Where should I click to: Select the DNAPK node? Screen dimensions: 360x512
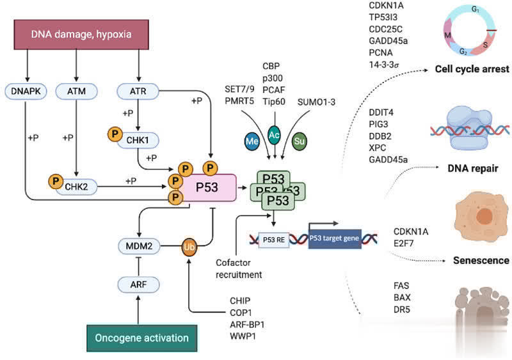tap(26, 92)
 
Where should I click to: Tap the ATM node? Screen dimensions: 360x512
tap(76, 92)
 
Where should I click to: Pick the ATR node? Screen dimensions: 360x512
tap(138, 92)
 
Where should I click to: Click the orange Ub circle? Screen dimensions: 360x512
tap(189, 246)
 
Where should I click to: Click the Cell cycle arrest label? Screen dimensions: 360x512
tap(472, 68)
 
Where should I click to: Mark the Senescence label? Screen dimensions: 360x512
tap(481, 260)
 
